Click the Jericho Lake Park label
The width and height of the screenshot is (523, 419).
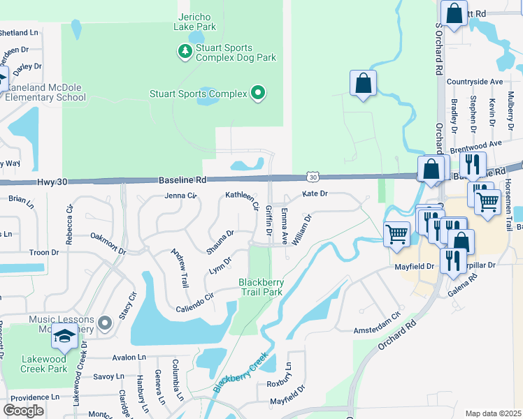[195, 21]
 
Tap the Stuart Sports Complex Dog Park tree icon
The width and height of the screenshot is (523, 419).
[185, 50]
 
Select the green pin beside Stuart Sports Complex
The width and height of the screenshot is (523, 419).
[258, 93]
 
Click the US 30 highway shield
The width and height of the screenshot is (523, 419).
[312, 178]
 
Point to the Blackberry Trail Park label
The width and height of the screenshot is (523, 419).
[261, 287]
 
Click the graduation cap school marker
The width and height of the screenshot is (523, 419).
[64, 337]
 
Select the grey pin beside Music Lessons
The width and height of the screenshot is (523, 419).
[105, 323]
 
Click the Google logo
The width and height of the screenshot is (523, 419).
[23, 411]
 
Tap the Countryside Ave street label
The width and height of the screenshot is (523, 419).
[475, 82]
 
